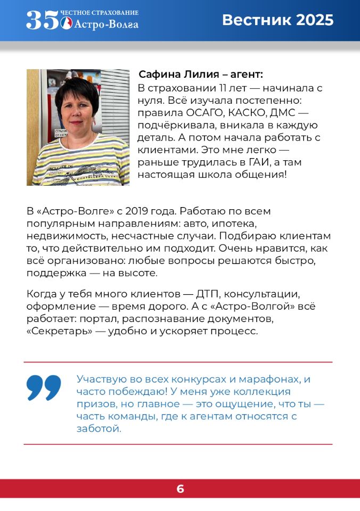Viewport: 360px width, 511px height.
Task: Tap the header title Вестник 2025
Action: [x=277, y=20]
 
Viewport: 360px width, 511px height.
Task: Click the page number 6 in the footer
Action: [x=180, y=489]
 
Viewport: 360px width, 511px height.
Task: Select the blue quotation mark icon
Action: [x=44, y=388]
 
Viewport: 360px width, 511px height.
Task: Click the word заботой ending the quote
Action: [x=99, y=428]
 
